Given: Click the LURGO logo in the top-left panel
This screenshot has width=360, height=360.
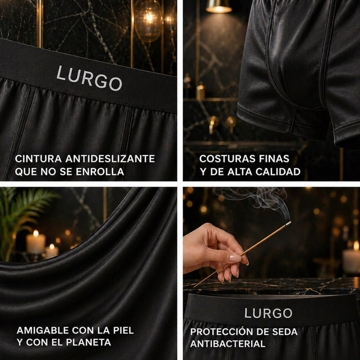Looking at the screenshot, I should point(89,78).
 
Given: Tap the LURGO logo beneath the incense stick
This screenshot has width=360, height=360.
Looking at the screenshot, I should point(268,313).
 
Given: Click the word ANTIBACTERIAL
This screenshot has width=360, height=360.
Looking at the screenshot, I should point(227,344).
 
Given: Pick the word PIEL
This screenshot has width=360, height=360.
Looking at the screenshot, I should point(122,330).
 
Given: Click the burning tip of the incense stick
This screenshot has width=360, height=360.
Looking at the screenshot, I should point(288,223).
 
